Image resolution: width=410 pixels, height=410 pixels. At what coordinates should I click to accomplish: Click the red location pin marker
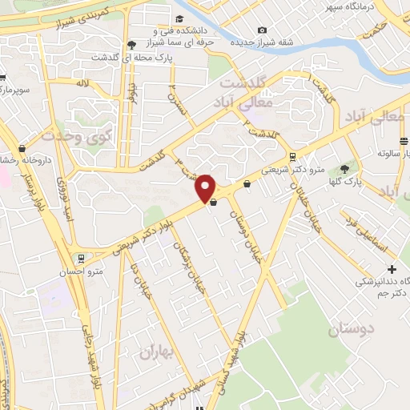tap(206, 187)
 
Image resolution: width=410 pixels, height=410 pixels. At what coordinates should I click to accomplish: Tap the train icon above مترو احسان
tap(80, 259)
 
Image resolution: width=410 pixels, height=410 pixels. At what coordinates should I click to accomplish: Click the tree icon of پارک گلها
tap(344, 169)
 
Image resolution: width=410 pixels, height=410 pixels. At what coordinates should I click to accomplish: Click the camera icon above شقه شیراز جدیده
tap(262, 31)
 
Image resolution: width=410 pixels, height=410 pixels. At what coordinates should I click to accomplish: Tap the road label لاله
tap(82, 83)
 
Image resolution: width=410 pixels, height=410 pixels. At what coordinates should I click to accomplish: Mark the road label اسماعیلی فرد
tap(360, 228)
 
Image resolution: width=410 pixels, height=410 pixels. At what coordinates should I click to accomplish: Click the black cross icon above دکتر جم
tap(392, 269)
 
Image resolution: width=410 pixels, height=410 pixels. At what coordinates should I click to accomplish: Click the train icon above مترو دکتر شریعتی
tap(295, 157)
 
